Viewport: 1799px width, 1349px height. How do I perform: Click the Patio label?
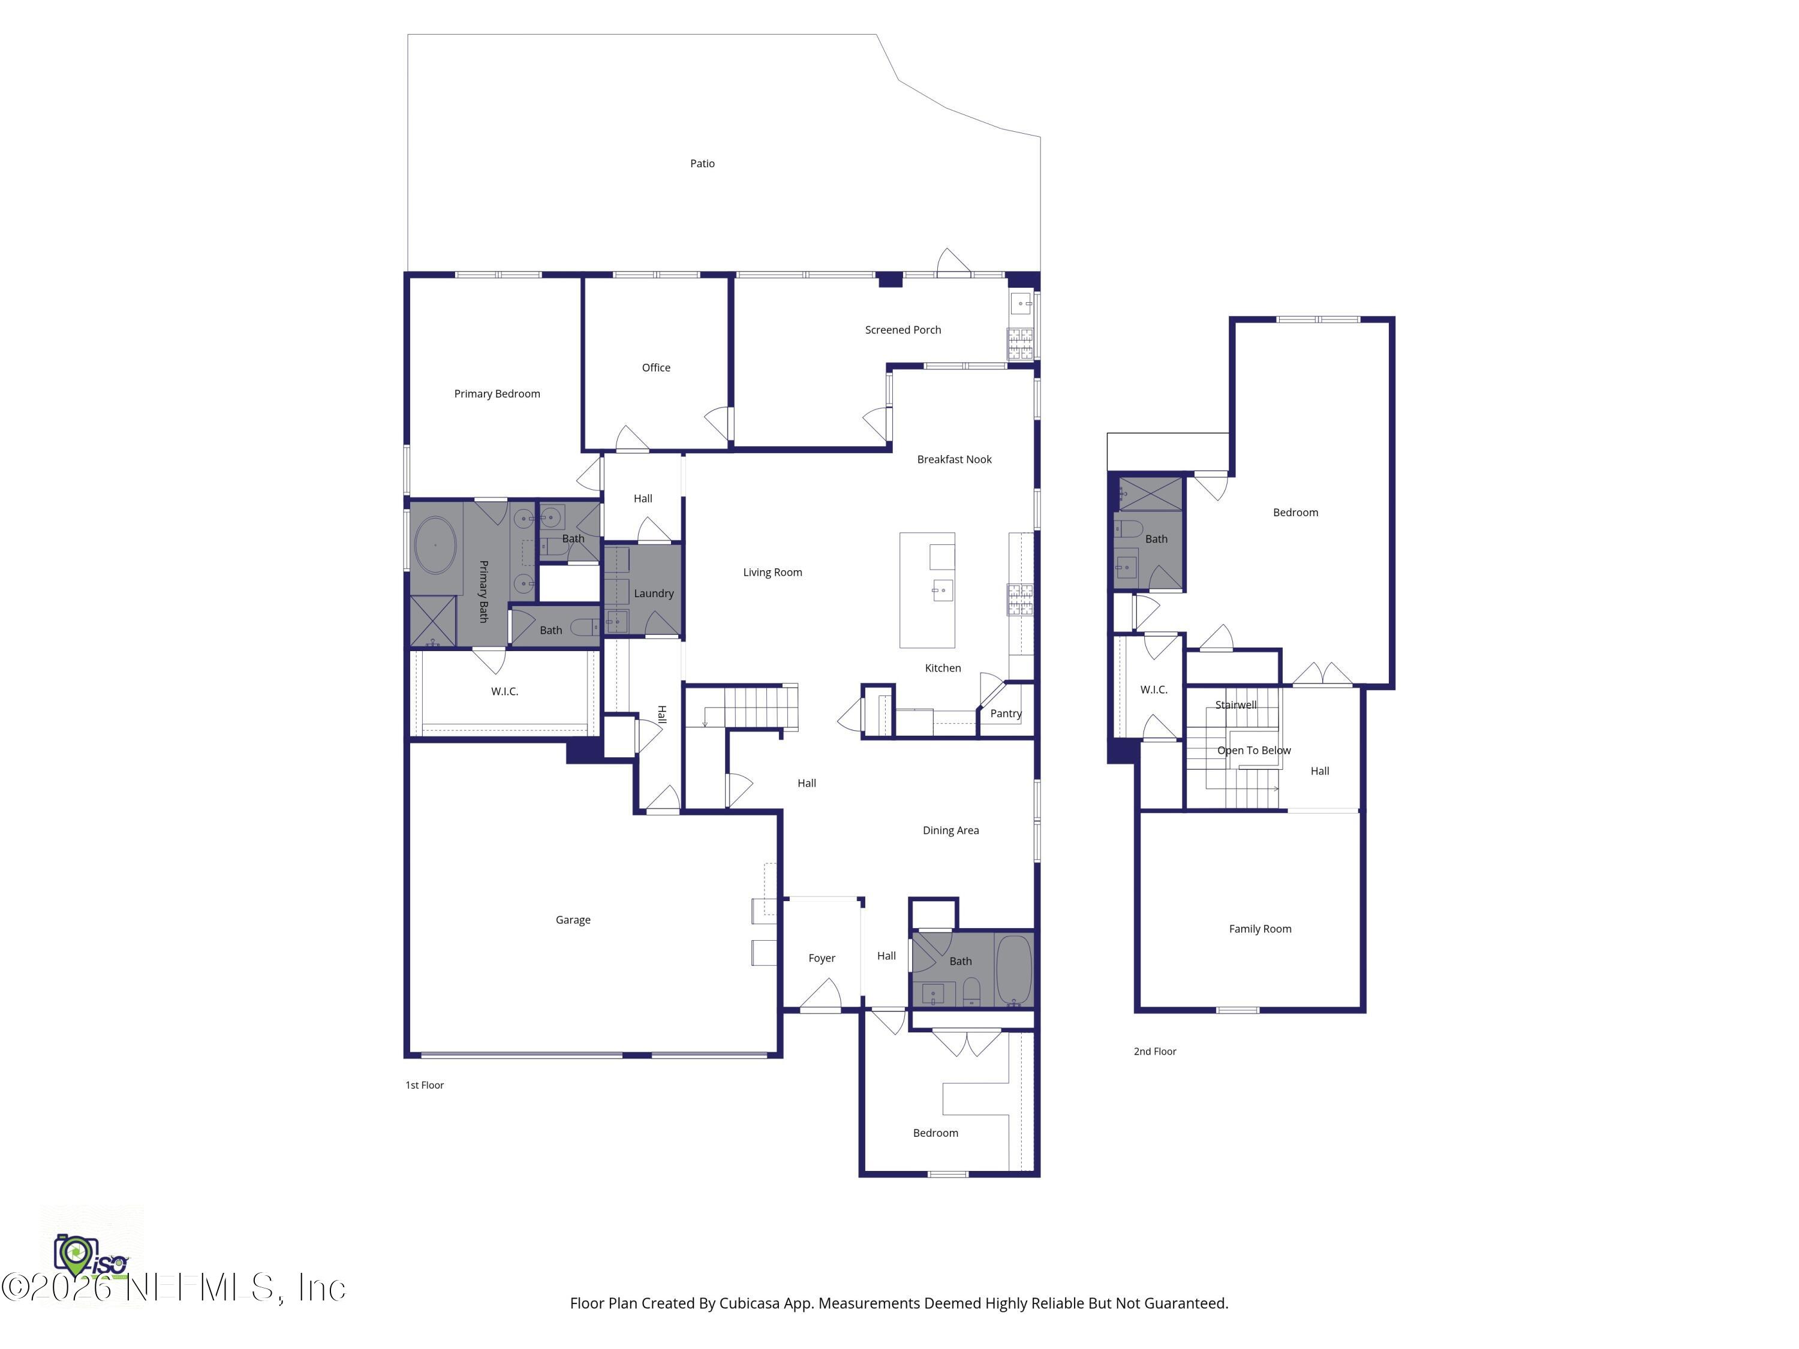[x=702, y=164]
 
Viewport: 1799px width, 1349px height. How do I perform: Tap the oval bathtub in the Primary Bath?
[x=435, y=545]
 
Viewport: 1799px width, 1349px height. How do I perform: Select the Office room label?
[x=655, y=368]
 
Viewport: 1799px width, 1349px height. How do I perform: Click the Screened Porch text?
[x=902, y=329]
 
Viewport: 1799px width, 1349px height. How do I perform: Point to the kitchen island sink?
[x=942, y=591]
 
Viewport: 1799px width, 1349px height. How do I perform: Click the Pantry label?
[x=1005, y=713]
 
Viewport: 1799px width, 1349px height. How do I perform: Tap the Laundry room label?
[x=653, y=593]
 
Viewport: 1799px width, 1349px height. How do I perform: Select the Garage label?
[x=573, y=920]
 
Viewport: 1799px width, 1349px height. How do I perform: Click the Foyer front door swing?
[x=822, y=996]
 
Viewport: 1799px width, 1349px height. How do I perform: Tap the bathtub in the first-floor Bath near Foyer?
[x=1013, y=970]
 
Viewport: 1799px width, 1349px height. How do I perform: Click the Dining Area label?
[x=950, y=830]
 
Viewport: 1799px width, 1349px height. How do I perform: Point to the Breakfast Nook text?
[x=954, y=459]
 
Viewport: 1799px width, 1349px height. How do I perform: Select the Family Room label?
[x=1259, y=929]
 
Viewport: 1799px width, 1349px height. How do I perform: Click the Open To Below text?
[x=1253, y=751]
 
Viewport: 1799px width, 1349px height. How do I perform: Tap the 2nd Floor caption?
[x=1154, y=1052]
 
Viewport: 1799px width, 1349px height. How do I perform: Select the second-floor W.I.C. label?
[x=1153, y=689]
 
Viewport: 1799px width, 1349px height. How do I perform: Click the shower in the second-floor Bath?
[x=1150, y=493]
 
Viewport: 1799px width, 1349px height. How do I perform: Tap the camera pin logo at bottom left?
[x=76, y=1255]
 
